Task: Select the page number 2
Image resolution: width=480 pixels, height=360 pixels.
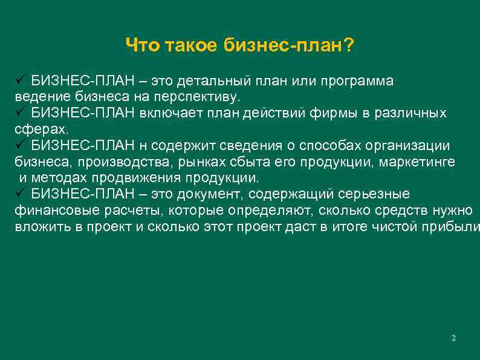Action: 453,338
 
